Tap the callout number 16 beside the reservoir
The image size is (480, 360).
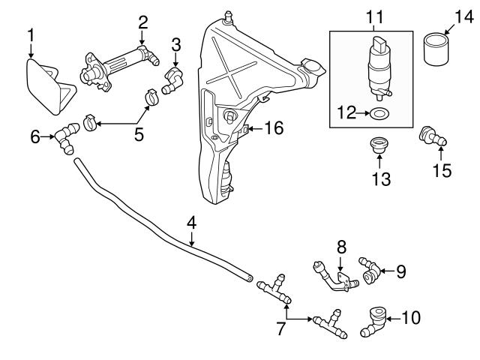[x=274, y=129]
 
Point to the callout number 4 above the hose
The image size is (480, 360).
[x=191, y=223]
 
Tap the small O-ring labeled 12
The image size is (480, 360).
[x=380, y=113]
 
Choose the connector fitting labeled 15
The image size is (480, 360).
[x=434, y=136]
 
